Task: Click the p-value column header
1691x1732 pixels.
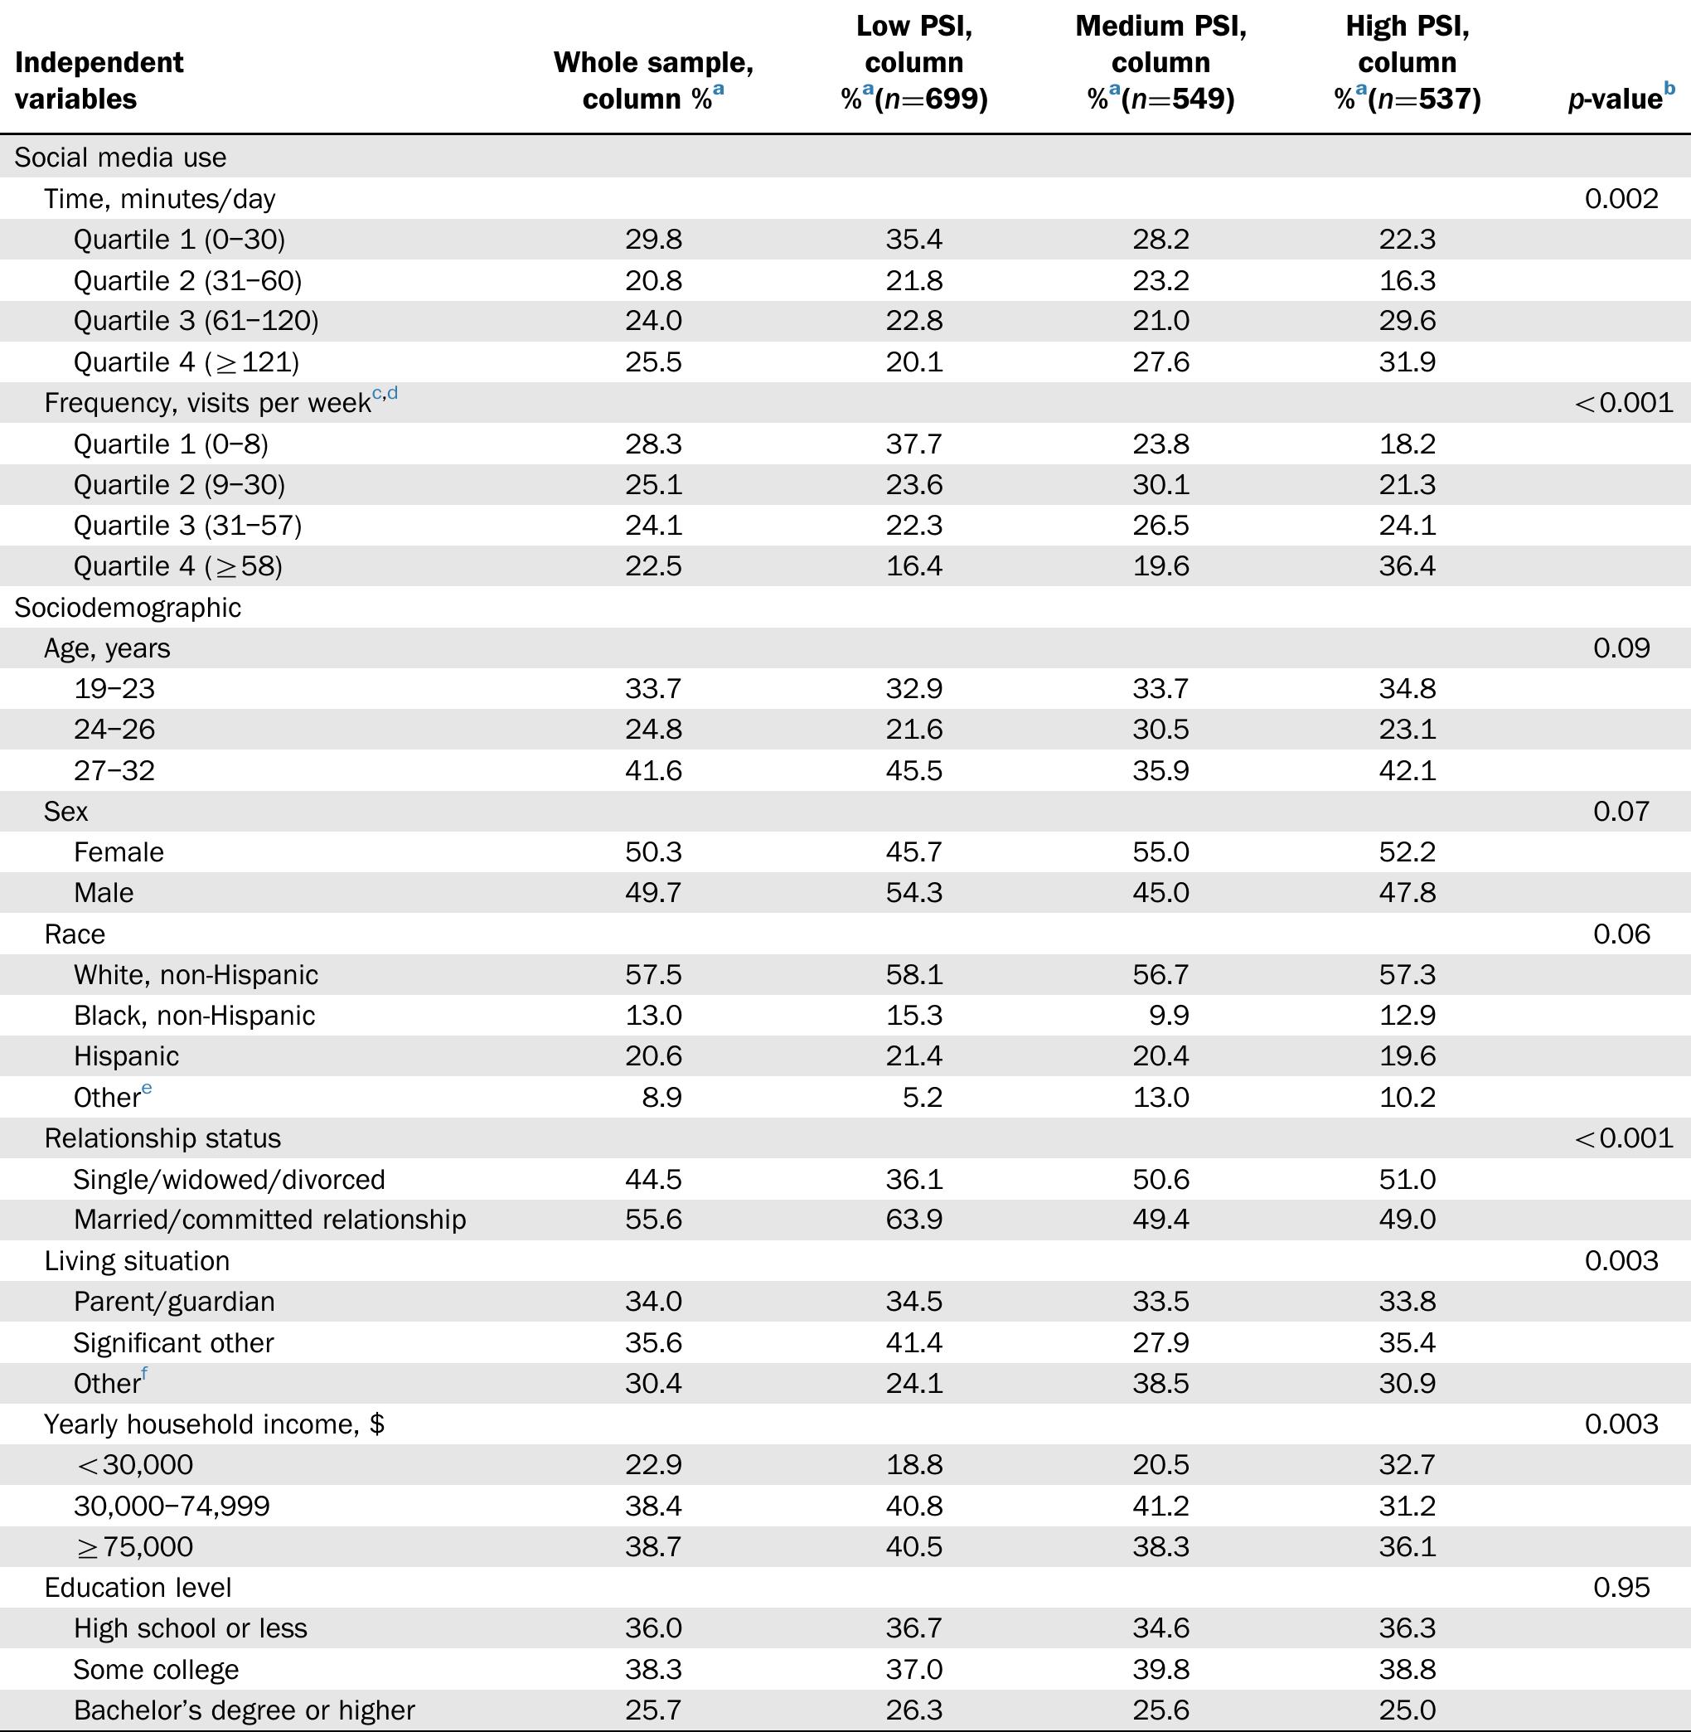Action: [x=1614, y=99]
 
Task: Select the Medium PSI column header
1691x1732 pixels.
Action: [x=1160, y=62]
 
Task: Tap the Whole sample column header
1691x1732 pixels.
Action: [x=653, y=80]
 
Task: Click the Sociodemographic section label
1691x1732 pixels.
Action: [x=127, y=608]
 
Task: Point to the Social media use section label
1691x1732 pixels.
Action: [x=120, y=158]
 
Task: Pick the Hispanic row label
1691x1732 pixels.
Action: [x=126, y=1056]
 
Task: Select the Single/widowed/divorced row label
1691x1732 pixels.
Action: [x=229, y=1179]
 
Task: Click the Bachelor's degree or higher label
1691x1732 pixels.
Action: [x=245, y=1710]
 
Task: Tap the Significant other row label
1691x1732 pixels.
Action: [x=173, y=1342]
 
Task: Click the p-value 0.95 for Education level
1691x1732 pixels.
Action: [x=1621, y=1587]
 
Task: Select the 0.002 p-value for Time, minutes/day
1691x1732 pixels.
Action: [x=1621, y=198]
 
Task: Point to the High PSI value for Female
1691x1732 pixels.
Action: [x=1407, y=851]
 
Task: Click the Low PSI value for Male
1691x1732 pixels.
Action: [x=913, y=893]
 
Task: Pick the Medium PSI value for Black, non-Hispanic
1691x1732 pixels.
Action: [x=1168, y=1015]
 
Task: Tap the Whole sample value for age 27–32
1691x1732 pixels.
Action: [x=653, y=770]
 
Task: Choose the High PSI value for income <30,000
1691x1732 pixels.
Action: [x=1407, y=1465]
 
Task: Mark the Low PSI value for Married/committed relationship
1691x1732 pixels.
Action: [x=913, y=1220]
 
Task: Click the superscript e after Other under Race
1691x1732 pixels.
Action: [x=147, y=1088]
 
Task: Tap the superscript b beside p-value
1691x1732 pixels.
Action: [x=1669, y=88]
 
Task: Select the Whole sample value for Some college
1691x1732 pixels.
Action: [x=653, y=1669]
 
